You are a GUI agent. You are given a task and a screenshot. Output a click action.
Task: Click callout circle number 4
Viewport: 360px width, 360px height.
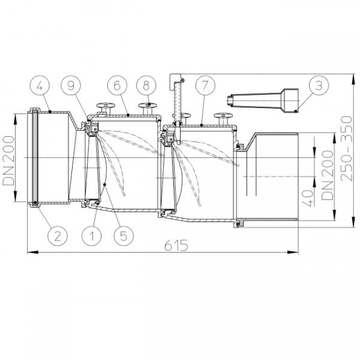pyautogui.click(x=40, y=85)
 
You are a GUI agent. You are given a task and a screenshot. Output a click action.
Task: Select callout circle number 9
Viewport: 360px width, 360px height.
pyautogui.click(x=71, y=85)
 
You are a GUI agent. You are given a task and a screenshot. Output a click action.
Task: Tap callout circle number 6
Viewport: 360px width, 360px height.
pyautogui.click(x=118, y=85)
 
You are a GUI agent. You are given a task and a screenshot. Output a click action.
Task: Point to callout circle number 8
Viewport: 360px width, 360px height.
pyautogui.click(x=146, y=85)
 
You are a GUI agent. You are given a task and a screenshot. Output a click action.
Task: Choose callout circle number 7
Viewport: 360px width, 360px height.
pyautogui.click(x=205, y=85)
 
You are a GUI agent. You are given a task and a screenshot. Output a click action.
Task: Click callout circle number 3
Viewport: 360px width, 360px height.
pyautogui.click(x=319, y=85)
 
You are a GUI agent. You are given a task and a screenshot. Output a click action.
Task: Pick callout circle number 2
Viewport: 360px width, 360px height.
pyautogui.click(x=58, y=236)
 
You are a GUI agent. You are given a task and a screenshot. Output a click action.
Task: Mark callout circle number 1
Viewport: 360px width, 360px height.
pyautogui.click(x=92, y=236)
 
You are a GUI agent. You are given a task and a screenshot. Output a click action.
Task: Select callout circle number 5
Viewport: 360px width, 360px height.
pyautogui.click(x=124, y=236)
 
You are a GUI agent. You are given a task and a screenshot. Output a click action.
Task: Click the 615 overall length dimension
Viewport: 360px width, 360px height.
pyautogui.click(x=176, y=245)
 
